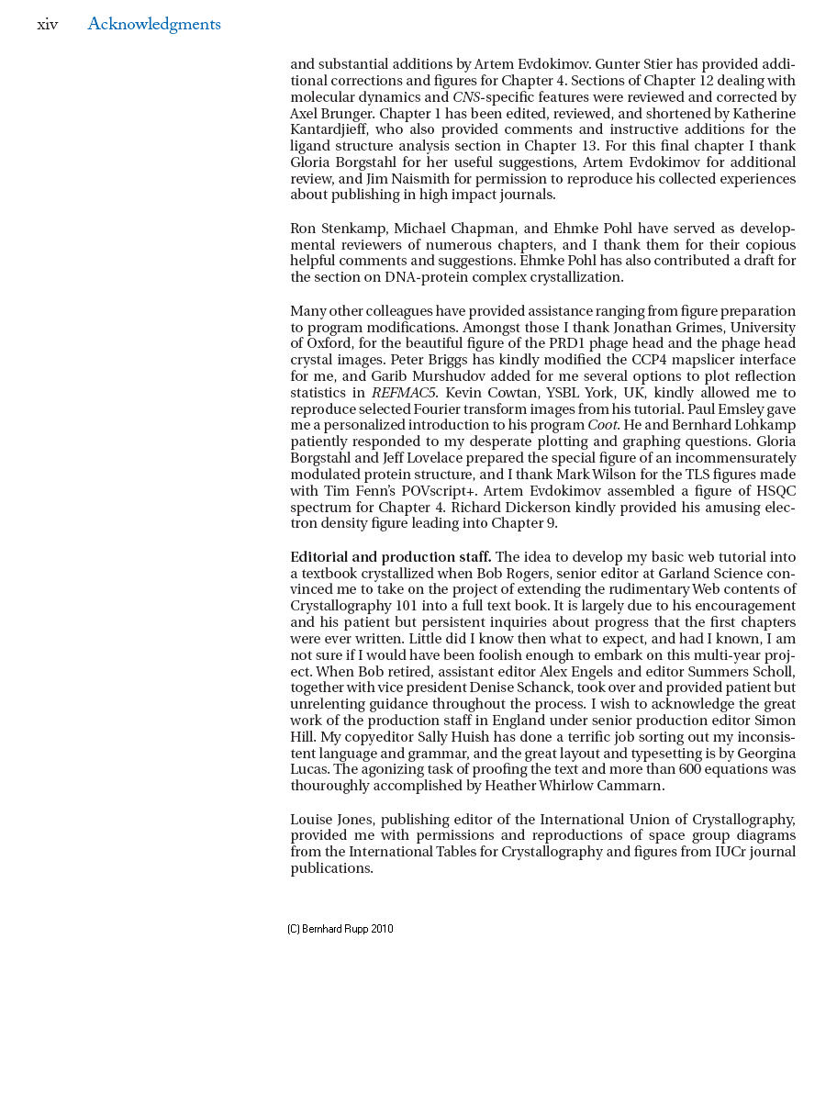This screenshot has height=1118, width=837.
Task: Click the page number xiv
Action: pyautogui.click(x=47, y=25)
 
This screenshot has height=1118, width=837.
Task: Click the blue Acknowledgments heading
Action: pyautogui.click(x=153, y=25)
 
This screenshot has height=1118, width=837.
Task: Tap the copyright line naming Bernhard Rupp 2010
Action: pyautogui.click(x=340, y=929)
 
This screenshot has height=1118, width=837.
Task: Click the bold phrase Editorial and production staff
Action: pyautogui.click(x=390, y=557)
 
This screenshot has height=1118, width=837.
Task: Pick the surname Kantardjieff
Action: pyautogui.click(x=331, y=129)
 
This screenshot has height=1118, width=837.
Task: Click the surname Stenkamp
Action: pyautogui.click(x=352, y=229)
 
